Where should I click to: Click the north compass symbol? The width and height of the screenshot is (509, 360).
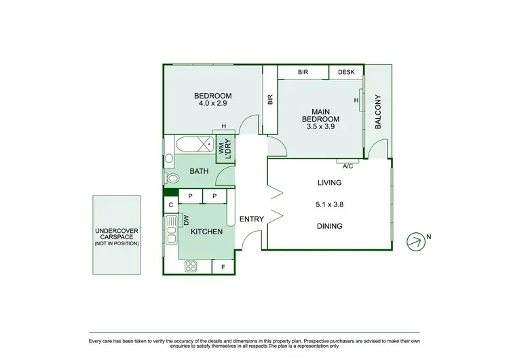point(413,239)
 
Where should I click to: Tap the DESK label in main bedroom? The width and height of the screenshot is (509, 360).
point(346,72)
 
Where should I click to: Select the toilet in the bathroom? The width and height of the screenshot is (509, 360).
point(172,179)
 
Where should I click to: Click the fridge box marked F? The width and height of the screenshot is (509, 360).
point(223,268)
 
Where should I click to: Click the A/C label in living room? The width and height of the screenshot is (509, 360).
point(348,166)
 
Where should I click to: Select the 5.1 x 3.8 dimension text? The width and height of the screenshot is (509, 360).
point(329,204)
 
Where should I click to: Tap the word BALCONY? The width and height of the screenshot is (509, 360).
point(379,112)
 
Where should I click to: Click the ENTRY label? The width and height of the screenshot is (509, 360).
point(251,219)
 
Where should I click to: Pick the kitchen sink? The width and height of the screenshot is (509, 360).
point(171,234)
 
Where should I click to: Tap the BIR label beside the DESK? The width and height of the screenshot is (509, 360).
point(303,72)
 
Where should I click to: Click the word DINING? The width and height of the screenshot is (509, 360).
point(329,226)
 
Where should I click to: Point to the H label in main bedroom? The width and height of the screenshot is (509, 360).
point(356,101)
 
